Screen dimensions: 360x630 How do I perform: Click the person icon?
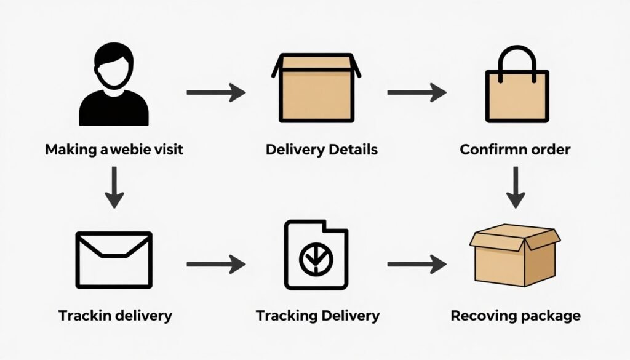[114, 86]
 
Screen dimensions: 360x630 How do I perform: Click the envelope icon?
[114, 260]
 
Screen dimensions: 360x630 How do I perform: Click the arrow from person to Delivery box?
[215, 93]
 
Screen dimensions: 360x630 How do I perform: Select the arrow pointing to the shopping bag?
[417, 93]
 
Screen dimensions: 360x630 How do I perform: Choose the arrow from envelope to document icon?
[215, 265]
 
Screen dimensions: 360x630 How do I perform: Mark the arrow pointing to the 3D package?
[417, 265]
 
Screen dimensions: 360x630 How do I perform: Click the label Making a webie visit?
[114, 150]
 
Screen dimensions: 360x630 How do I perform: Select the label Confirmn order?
[516, 150]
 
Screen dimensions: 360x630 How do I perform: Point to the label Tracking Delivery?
[317, 316]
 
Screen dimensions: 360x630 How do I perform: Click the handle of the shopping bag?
[516, 58]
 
